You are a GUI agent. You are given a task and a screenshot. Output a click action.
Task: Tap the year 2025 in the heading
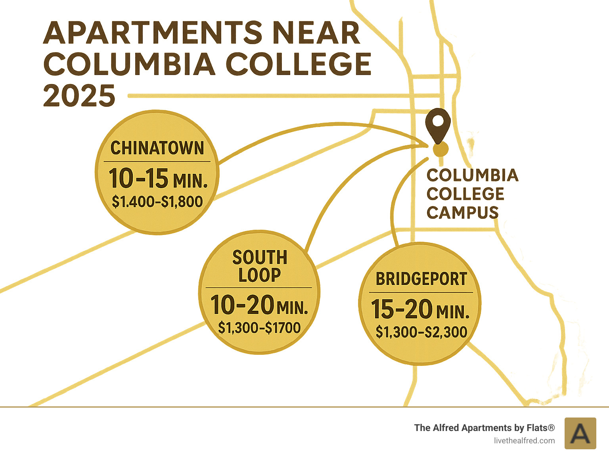[79, 96]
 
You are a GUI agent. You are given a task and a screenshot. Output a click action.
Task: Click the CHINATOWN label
[157, 148]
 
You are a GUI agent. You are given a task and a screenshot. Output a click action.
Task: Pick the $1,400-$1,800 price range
[157, 202]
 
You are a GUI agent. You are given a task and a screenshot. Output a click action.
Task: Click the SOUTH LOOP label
[260, 266]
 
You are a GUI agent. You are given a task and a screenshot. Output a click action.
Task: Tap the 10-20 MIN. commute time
[259, 305]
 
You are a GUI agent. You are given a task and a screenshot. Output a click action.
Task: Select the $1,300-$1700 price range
[259, 328]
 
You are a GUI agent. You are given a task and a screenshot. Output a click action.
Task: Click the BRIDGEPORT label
[421, 279]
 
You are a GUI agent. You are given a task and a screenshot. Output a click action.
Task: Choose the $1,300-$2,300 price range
[421, 332]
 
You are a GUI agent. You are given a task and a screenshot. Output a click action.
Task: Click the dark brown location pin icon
[438, 125]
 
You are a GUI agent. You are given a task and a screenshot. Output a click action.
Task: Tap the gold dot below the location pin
[440, 150]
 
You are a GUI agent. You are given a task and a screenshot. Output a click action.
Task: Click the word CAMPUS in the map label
[462, 212]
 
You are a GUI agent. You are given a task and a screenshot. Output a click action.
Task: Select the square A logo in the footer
[580, 433]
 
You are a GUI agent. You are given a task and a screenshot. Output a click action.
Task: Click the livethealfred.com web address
[524, 441]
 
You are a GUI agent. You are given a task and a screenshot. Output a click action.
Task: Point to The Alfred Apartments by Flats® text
[484, 428]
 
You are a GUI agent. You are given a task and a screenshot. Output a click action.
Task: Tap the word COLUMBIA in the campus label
[472, 175]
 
